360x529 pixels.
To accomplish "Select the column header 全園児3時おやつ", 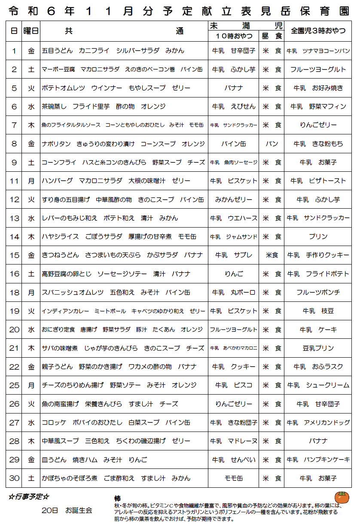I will click(x=318, y=30).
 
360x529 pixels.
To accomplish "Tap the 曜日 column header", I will click(x=31, y=30).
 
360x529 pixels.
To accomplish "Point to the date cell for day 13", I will click(x=14, y=218).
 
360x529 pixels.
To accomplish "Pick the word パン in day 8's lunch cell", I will click(x=272, y=144).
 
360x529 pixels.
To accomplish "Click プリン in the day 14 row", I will click(x=318, y=237).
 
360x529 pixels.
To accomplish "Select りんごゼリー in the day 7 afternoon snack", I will click(x=318, y=125).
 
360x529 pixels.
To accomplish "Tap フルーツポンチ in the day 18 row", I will click(x=318, y=292).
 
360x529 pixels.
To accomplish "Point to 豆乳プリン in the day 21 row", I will click(x=318, y=348).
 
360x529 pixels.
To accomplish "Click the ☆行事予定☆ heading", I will click(x=29, y=497).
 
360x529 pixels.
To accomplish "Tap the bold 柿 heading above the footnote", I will click(x=117, y=499).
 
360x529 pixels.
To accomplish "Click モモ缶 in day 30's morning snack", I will click(x=234, y=478).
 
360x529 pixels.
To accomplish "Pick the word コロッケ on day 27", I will click(x=54, y=423).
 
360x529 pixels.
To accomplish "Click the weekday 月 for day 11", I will click(x=31, y=181).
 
